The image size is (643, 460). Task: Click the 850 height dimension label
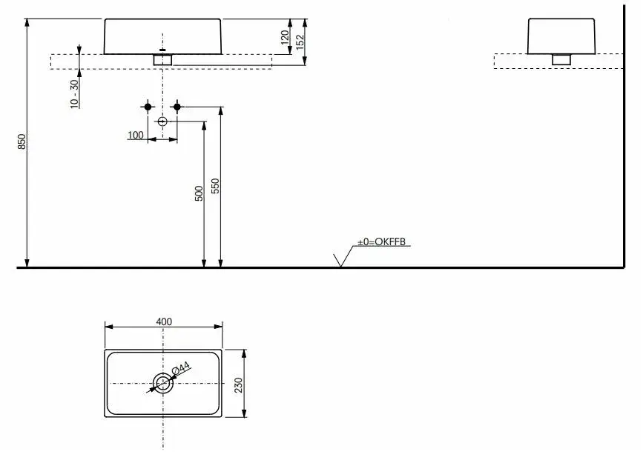pyautogui.click(x=22, y=141)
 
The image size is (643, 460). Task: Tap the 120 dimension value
pyautogui.click(x=285, y=37)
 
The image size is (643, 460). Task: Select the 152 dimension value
pyautogui.click(x=300, y=41)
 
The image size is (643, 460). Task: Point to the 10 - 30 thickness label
pyautogui.click(x=74, y=94)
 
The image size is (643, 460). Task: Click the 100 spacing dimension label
pyautogui.click(x=136, y=135)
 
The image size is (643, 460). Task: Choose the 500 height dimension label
pyautogui.click(x=199, y=193)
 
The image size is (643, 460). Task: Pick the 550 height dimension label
pyautogui.click(x=215, y=186)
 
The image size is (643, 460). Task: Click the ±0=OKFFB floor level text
pyautogui.click(x=381, y=241)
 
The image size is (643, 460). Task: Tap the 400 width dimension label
pyautogui.click(x=164, y=321)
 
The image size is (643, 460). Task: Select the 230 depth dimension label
pyautogui.click(x=238, y=385)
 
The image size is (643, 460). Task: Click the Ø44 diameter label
pyautogui.click(x=180, y=367)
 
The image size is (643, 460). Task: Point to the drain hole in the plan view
pyautogui.click(x=163, y=384)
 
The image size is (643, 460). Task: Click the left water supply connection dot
pyautogui.click(x=148, y=107)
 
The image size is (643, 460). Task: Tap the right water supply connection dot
pyautogui.click(x=177, y=107)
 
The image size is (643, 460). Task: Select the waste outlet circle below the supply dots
pyautogui.click(x=162, y=121)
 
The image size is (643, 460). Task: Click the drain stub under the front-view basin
pyautogui.click(x=163, y=60)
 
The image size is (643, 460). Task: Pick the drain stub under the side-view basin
pyautogui.click(x=561, y=59)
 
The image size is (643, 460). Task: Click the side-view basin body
pyautogui.click(x=561, y=36)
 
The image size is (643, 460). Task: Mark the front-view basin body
pyautogui.click(x=163, y=36)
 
